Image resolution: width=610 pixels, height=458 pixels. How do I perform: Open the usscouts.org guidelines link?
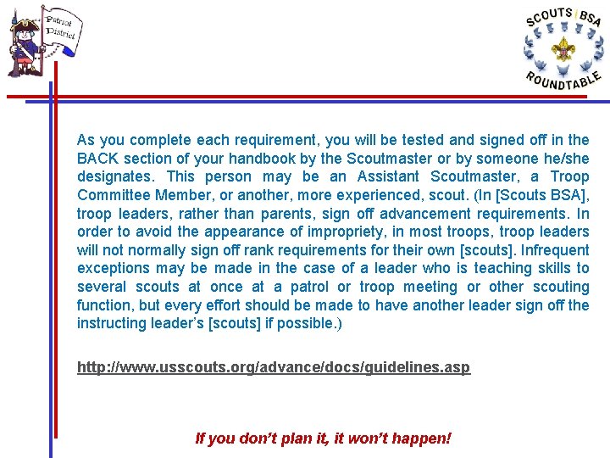point(273,367)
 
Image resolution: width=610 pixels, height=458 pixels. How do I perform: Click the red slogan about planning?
point(323,438)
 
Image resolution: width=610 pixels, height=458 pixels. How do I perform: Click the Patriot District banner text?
point(61,28)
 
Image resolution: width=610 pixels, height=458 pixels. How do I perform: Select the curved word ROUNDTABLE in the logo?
point(563,81)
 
